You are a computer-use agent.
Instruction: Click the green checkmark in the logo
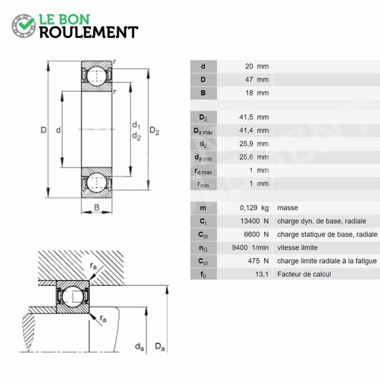point(27,23)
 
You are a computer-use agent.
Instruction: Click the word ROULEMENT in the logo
point(89,32)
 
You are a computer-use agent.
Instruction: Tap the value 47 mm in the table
point(257,79)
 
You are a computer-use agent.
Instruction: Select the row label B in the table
point(203,93)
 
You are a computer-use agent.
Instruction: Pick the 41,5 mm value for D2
point(254,117)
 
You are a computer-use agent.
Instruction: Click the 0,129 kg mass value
point(254,208)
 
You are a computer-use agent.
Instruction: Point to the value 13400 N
point(255,221)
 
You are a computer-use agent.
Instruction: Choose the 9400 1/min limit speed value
point(250,247)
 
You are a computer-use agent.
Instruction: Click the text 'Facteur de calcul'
point(304,274)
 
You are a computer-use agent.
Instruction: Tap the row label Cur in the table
point(203,261)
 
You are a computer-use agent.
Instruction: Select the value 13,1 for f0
point(262,274)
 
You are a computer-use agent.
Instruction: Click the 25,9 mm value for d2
point(254,144)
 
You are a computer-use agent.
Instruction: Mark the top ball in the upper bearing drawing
point(96,75)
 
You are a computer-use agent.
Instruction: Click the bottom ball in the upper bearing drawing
point(96,183)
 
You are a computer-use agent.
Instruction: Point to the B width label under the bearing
point(96,207)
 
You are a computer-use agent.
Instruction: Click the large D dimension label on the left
point(43,130)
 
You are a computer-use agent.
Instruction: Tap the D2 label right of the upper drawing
point(154,131)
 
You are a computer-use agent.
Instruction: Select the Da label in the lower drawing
point(160,347)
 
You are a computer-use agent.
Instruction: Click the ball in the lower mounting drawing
point(73,296)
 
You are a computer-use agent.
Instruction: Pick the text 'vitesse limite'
point(297,247)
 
